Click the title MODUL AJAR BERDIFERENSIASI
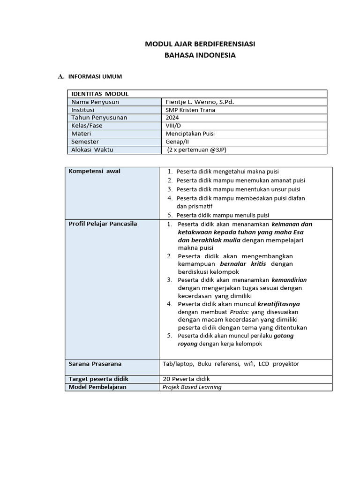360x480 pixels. tap(200, 44)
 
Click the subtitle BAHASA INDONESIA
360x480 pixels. tap(200, 55)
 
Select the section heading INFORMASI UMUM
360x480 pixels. tap(95, 76)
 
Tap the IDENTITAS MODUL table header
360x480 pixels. tap(99, 94)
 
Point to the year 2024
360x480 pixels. tap(172, 118)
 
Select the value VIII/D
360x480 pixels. tap(173, 126)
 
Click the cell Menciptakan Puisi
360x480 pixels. tap(190, 134)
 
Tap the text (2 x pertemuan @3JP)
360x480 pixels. tap(200, 150)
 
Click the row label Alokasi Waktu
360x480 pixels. tap(92, 150)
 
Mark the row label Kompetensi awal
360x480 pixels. tap(95, 171)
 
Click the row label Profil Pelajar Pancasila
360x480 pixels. tap(103, 224)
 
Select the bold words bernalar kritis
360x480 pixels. tap(246, 264)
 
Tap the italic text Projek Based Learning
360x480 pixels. tap(192, 387)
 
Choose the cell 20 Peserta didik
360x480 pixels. tap(186, 379)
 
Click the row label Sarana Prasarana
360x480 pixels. tap(95, 364)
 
